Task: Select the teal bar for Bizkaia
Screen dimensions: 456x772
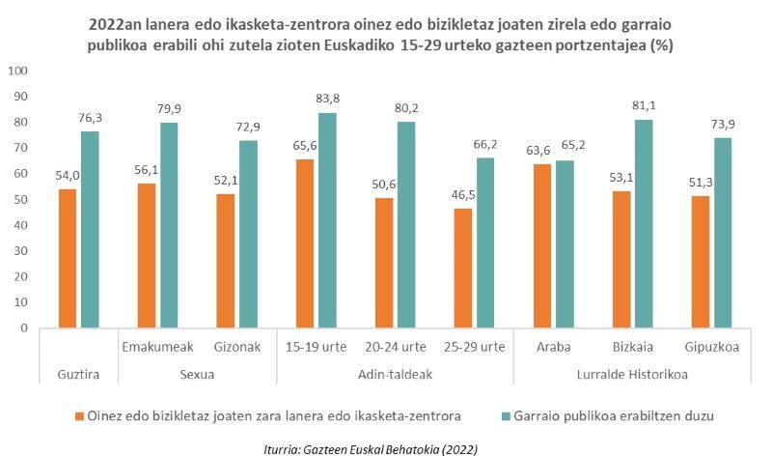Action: click(x=644, y=223)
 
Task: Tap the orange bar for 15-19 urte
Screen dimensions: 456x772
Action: click(x=305, y=242)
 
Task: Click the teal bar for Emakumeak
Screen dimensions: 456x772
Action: click(x=169, y=224)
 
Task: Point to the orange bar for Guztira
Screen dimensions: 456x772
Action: click(x=68, y=258)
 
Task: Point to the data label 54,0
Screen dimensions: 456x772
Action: click(x=67, y=176)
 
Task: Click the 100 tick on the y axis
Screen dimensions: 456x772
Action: click(x=18, y=71)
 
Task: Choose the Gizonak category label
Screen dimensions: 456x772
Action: click(x=226, y=346)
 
